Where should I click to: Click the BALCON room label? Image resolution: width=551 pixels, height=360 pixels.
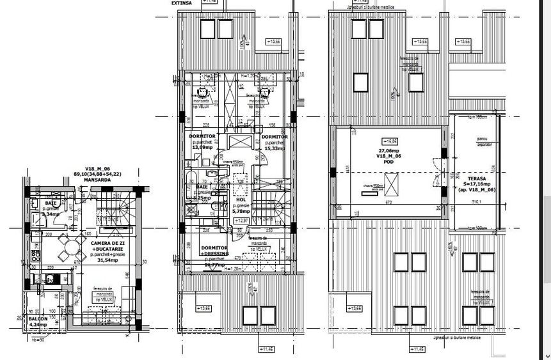38,318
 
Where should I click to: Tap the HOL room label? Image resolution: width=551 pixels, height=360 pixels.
241,199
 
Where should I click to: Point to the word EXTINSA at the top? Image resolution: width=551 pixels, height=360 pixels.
182,3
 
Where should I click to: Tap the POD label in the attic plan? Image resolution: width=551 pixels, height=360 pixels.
388,162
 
